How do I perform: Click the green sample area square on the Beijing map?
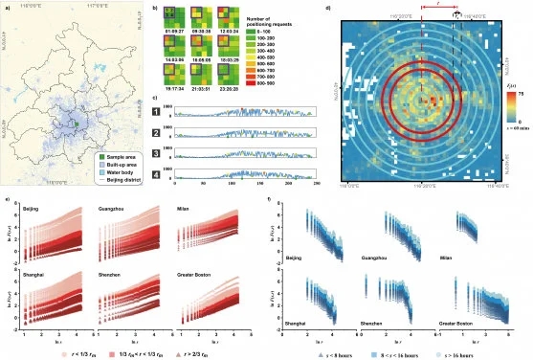point(75,123)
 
